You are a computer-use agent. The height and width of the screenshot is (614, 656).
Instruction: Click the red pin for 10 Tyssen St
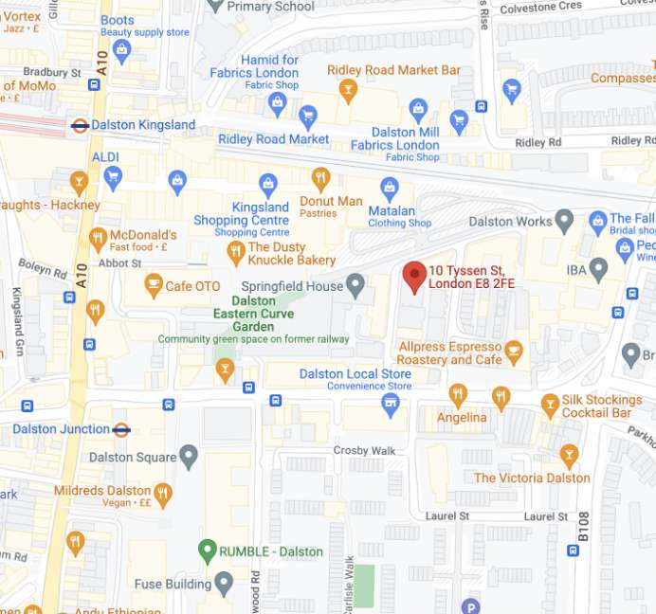[414, 276]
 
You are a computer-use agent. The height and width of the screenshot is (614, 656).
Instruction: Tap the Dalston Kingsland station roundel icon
[81, 124]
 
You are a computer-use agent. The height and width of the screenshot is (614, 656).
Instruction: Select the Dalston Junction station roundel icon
[121, 429]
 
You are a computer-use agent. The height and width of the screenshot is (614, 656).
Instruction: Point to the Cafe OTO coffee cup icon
[153, 285]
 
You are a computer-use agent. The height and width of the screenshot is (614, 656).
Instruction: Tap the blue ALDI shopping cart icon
[114, 175]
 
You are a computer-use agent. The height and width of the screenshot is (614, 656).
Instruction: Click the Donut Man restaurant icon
[320, 178]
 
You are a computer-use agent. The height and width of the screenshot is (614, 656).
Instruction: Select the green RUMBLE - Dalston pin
[208, 550]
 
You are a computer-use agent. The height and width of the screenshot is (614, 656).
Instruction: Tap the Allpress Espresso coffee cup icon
[514, 351]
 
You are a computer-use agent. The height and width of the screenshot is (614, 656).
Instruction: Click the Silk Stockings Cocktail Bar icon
[550, 406]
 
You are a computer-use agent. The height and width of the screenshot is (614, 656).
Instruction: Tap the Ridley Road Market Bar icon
[348, 89]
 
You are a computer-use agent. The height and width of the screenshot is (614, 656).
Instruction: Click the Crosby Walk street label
[364, 450]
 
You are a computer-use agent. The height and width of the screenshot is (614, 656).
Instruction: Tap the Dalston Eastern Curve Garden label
[252, 314]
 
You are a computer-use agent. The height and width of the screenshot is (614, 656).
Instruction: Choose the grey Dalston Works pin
[565, 222]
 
